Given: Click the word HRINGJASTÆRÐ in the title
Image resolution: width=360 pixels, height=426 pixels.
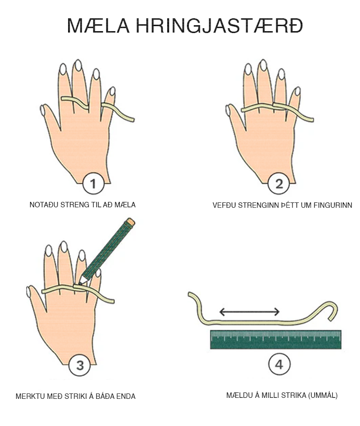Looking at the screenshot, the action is click(x=219, y=26).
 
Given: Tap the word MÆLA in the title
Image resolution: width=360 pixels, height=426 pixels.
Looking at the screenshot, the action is click(x=98, y=26).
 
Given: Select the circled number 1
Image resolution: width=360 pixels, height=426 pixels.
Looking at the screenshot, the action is click(x=93, y=184).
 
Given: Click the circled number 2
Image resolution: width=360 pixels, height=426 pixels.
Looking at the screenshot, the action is click(x=279, y=184).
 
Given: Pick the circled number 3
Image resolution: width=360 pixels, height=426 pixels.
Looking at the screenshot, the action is click(x=79, y=365).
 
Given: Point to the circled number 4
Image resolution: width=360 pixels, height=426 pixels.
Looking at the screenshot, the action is click(x=279, y=364).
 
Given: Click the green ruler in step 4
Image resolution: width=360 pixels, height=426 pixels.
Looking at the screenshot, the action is click(x=276, y=339).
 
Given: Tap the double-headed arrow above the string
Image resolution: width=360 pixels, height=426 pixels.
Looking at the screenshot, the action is click(x=249, y=311).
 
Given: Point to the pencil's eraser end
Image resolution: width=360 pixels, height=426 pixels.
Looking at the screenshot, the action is click(x=130, y=222).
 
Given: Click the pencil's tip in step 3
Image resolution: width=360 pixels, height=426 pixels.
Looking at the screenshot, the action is click(x=80, y=283).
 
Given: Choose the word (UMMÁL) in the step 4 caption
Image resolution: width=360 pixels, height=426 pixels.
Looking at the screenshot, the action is click(x=323, y=395).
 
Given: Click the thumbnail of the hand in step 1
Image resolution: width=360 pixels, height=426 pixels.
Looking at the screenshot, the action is click(x=42, y=111).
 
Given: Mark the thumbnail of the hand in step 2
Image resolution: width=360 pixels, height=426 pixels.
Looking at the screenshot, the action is click(x=228, y=111).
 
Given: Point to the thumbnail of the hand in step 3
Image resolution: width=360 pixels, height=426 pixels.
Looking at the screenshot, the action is click(x=29, y=292).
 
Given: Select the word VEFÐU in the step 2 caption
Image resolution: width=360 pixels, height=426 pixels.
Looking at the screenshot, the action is click(x=221, y=205).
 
